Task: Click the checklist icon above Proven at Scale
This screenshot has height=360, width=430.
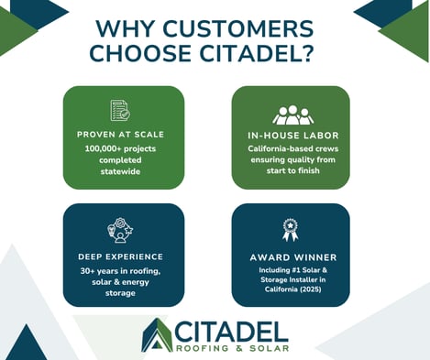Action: point(119,111)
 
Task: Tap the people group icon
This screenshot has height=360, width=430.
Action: point(292,115)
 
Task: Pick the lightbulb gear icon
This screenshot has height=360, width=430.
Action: point(119,230)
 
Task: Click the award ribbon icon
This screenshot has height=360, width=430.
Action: point(291,230)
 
